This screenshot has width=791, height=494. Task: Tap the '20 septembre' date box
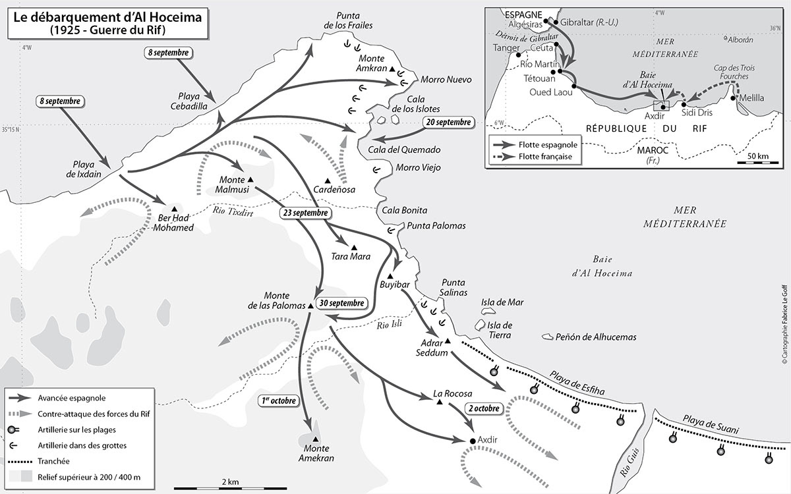tap(448, 122)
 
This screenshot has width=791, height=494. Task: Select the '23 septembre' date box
tap(303, 213)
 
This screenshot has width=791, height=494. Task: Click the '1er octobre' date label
tap(279, 400)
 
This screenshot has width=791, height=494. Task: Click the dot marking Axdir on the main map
tap(472, 440)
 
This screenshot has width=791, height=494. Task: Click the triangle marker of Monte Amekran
tap(316, 439)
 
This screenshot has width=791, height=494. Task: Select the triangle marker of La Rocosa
tap(438, 402)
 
